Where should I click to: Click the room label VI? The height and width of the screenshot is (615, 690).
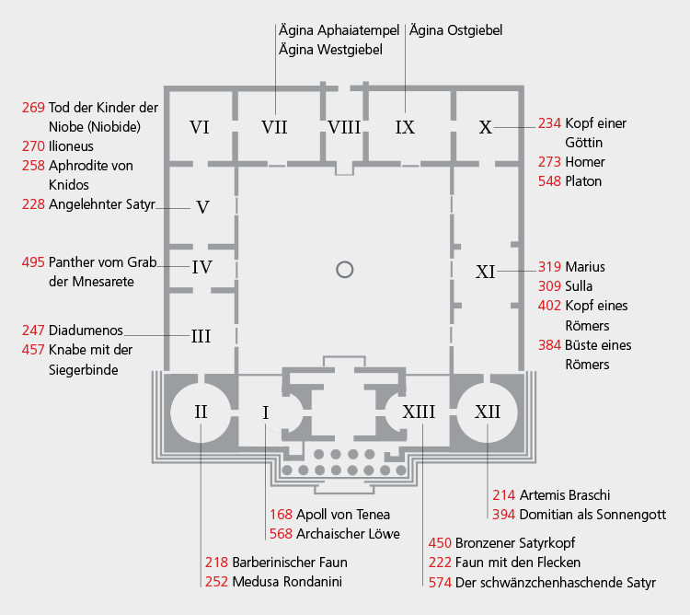click(x=200, y=127)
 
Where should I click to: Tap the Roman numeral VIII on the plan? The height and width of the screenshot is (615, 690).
click(x=344, y=127)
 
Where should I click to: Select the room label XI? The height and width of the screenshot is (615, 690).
click(x=486, y=272)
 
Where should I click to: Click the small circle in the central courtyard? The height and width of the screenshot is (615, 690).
click(x=344, y=269)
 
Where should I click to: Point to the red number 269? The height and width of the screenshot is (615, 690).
click(x=33, y=108)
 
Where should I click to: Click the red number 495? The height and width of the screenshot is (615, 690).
click(x=33, y=262)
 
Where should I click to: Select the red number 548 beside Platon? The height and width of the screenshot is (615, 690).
click(x=550, y=181)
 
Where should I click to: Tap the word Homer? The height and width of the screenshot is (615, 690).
click(x=585, y=162)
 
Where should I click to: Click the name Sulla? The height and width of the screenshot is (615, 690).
click(x=580, y=286)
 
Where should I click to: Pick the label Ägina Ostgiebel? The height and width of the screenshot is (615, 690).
click(x=455, y=30)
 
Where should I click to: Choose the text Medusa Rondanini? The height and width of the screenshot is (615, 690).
click(x=283, y=581)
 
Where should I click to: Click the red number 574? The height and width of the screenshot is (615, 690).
click(x=441, y=582)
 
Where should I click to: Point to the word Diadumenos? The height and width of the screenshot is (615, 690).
click(x=85, y=329)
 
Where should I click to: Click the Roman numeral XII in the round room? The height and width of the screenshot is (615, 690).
click(x=488, y=411)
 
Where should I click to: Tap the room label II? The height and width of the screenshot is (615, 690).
click(x=201, y=411)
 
